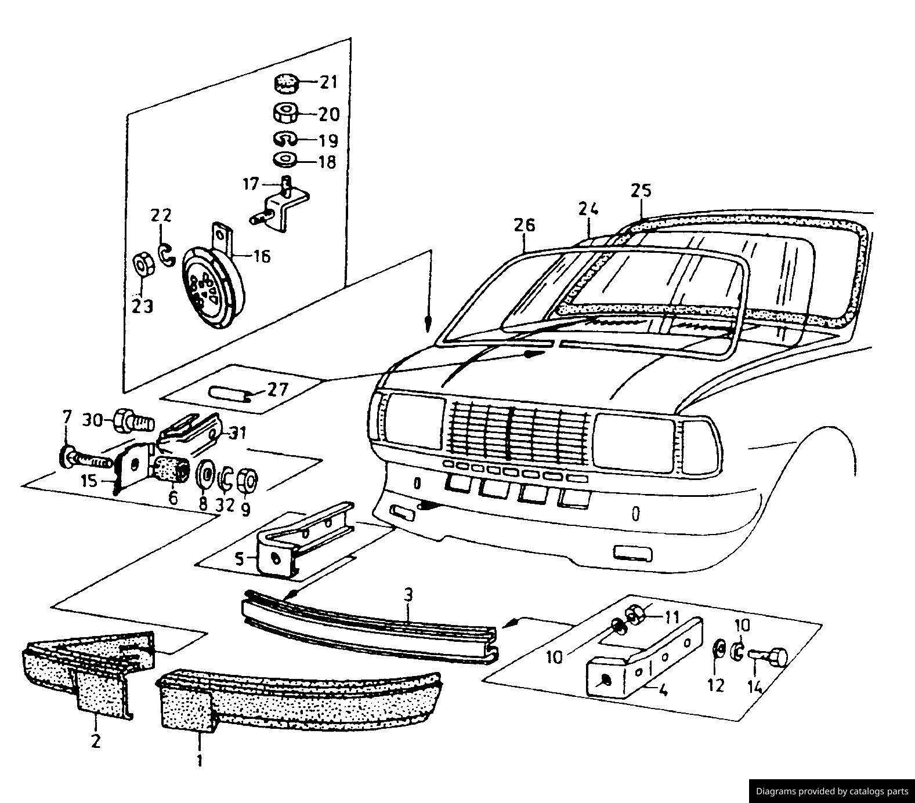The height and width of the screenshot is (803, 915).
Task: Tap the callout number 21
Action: coord(328,82)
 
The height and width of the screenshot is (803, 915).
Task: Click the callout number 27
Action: coord(277,389)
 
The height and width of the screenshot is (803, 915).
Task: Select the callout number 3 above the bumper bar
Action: coord(408,595)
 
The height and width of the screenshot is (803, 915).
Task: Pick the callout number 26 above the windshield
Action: coord(524,226)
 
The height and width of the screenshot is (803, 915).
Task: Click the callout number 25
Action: coord(641,190)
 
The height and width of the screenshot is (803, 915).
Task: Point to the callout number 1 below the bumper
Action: coord(200,760)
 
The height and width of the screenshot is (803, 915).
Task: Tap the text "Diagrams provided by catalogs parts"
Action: coord(831,791)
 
